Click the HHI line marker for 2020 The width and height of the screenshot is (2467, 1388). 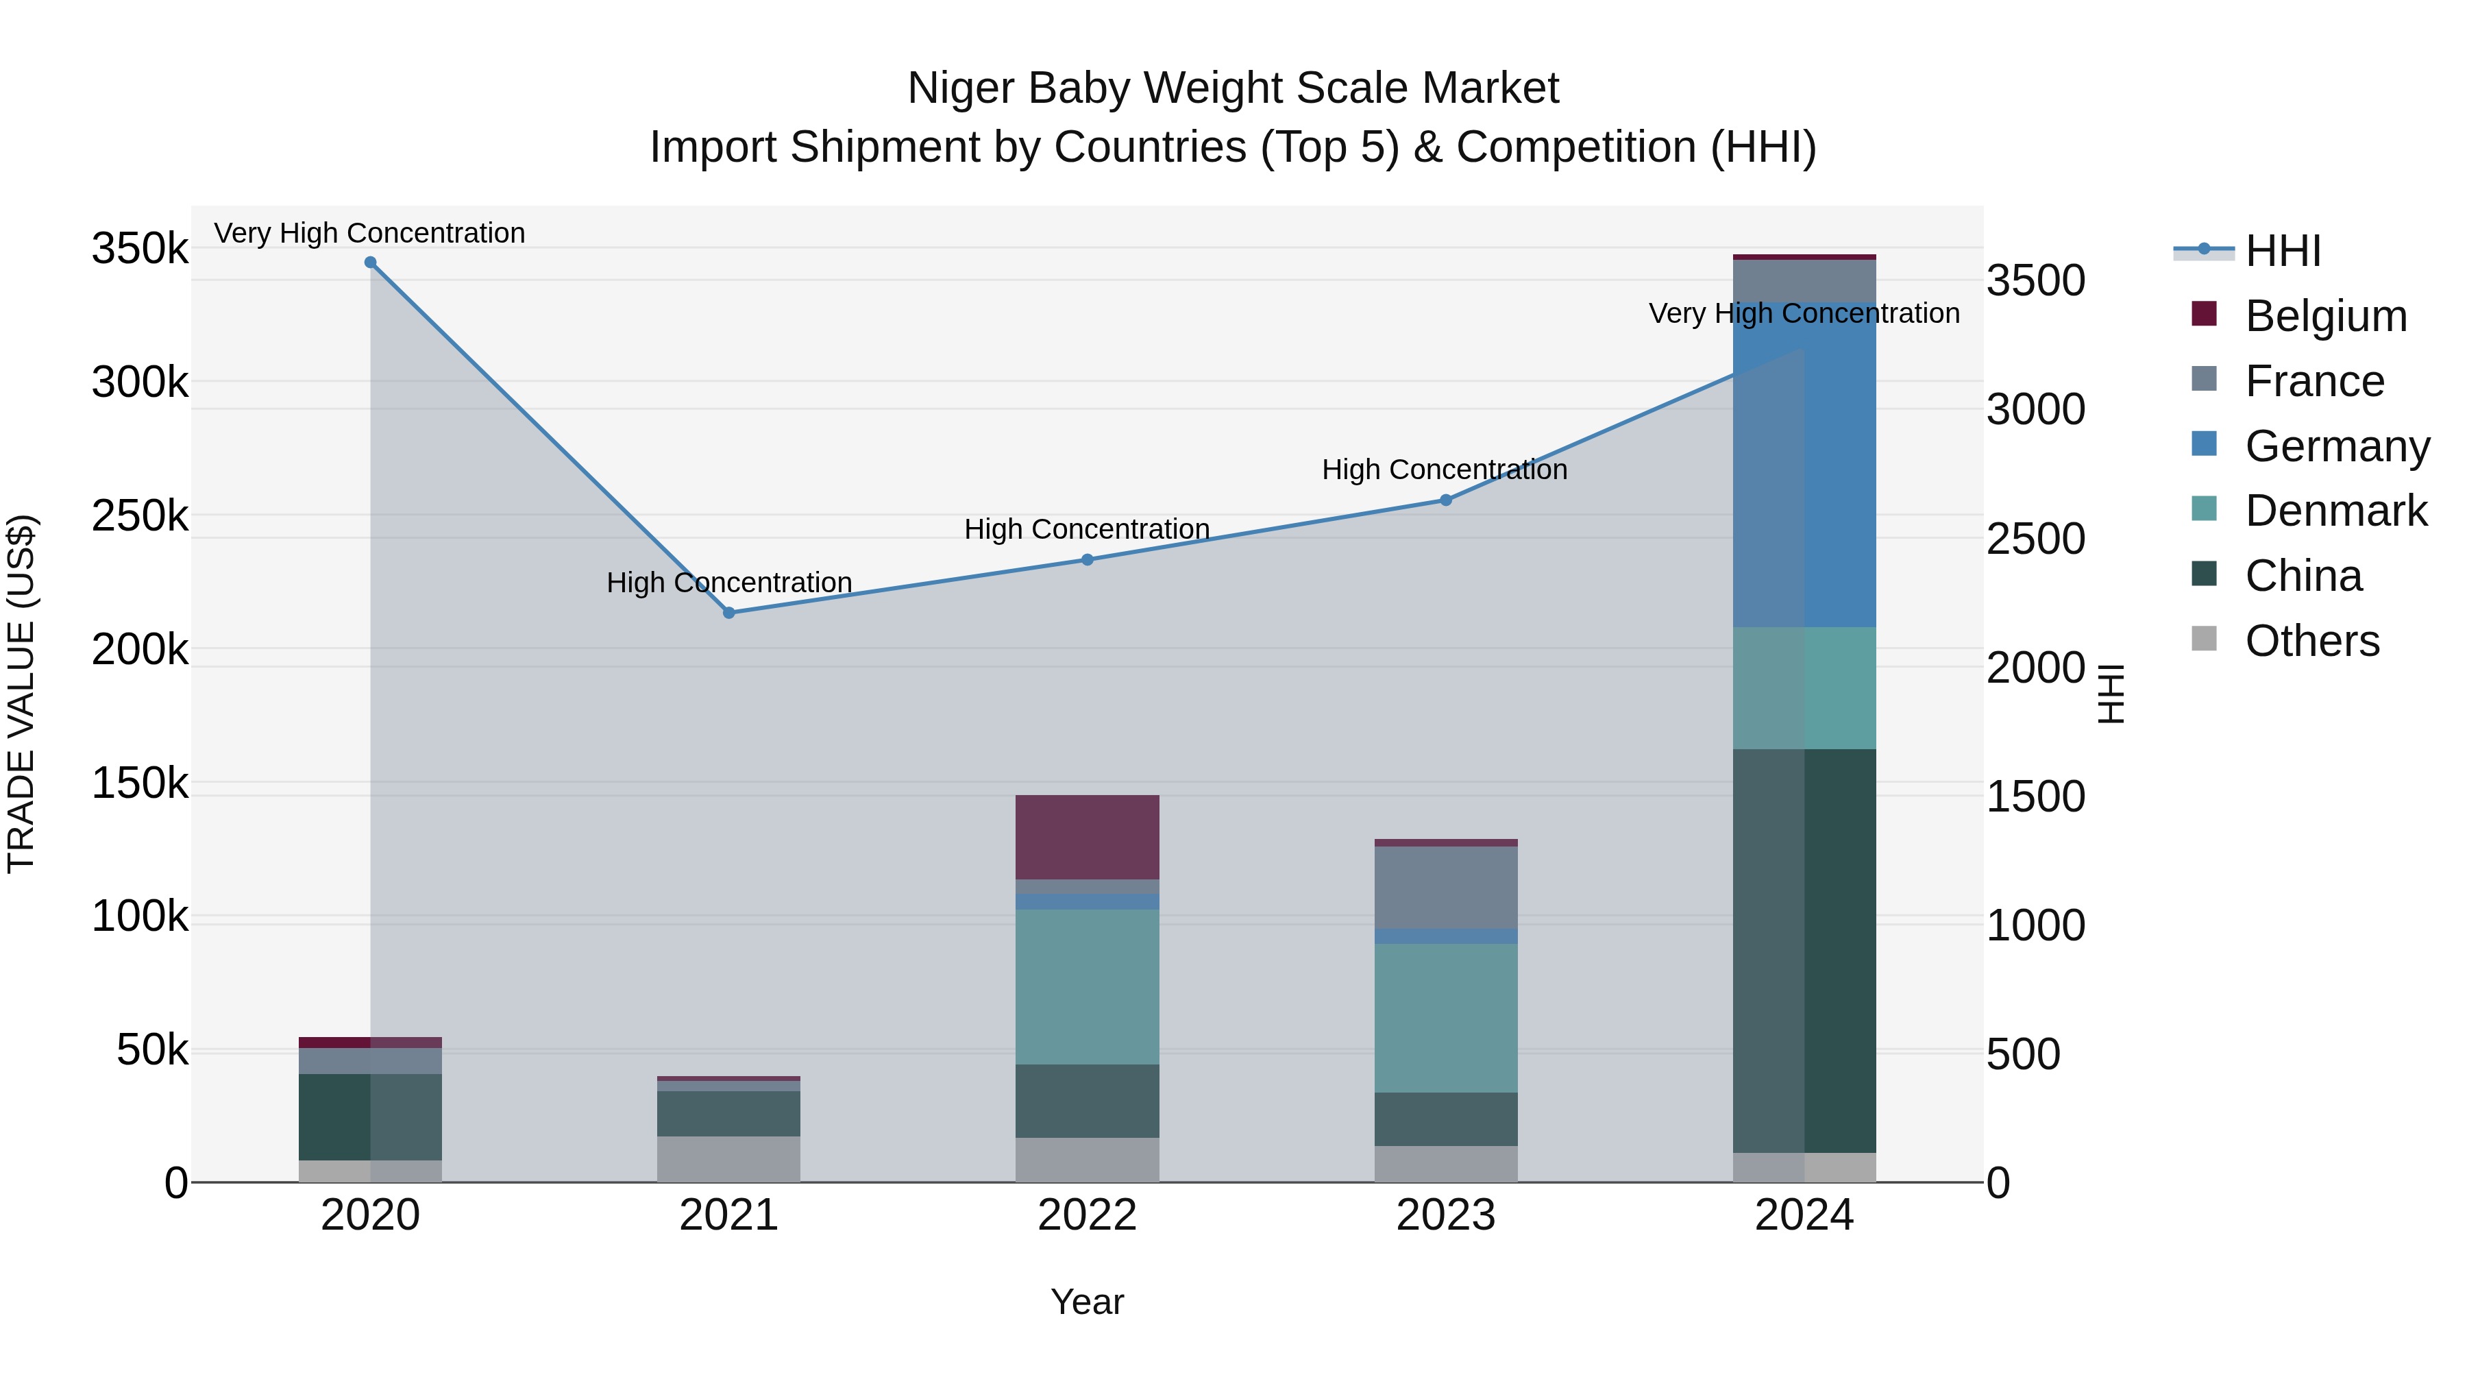pyautogui.click(x=371, y=263)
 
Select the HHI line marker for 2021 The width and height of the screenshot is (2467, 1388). pyautogui.click(x=729, y=613)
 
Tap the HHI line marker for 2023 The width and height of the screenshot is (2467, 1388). pyautogui.click(x=1446, y=500)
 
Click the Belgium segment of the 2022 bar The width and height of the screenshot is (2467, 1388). pyautogui.click(x=1087, y=837)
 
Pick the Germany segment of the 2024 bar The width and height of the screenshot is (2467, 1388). pyautogui.click(x=1804, y=465)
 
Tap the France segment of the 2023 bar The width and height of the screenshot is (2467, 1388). pyautogui.click(x=1446, y=887)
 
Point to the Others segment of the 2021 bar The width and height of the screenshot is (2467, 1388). pyautogui.click(x=729, y=1159)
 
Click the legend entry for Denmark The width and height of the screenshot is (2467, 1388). pyautogui.click(x=2335, y=511)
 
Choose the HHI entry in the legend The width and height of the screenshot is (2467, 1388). pyautogui.click(x=2282, y=251)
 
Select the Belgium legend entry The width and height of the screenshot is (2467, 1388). pyautogui.click(x=2325, y=316)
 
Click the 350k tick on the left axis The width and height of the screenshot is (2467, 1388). pyautogui.click(x=140, y=249)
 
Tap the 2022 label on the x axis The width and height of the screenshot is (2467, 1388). pyautogui.click(x=1087, y=1215)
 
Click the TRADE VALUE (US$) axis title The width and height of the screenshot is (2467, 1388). pyautogui.click(x=21, y=694)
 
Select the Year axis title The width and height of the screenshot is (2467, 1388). pyautogui.click(x=1087, y=1302)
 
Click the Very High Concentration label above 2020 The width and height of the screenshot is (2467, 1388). pyautogui.click(x=369, y=233)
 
